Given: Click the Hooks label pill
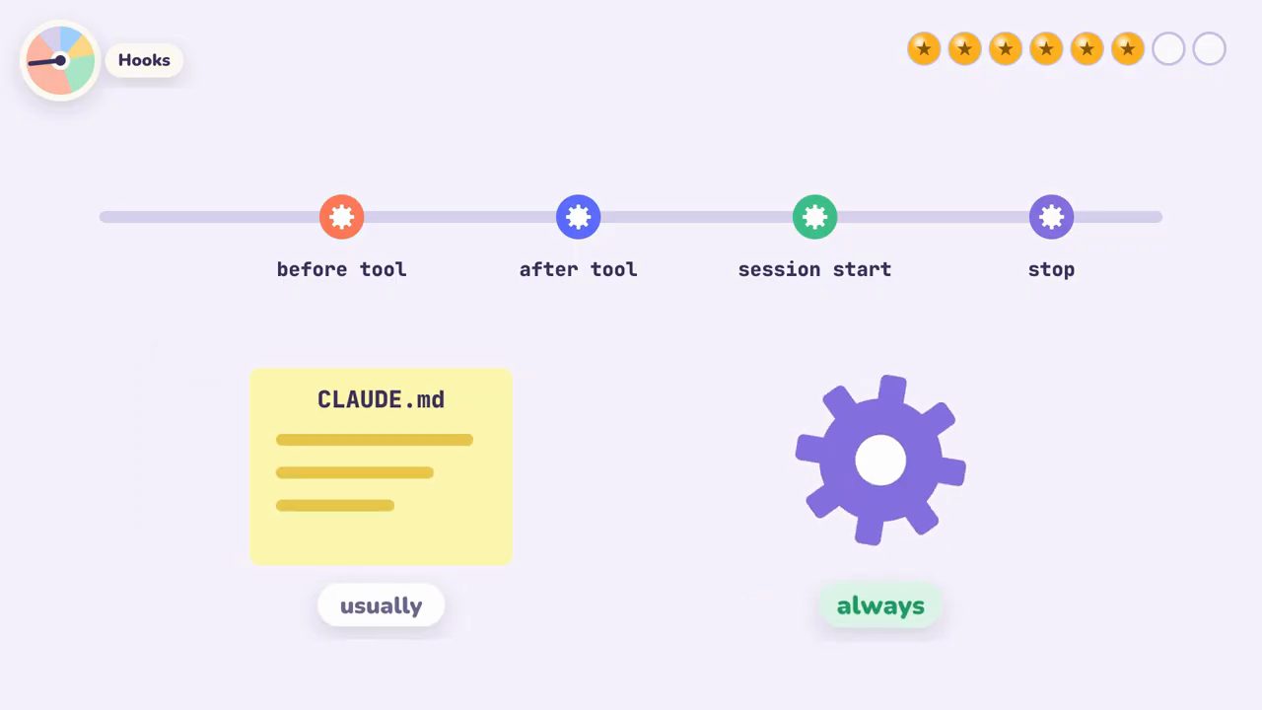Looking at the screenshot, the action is (x=144, y=60).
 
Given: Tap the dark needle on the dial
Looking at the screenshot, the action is (x=46, y=61).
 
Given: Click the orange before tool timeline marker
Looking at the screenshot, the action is (x=341, y=217).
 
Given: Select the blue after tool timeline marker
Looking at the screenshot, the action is (x=578, y=217).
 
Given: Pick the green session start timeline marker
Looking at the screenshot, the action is (x=814, y=217).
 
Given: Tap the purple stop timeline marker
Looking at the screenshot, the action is (x=1051, y=217).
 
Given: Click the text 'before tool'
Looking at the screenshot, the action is (x=341, y=269).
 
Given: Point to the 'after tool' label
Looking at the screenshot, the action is (x=578, y=269).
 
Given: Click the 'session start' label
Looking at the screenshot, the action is (x=814, y=269).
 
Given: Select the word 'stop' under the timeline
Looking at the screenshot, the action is (x=1051, y=270).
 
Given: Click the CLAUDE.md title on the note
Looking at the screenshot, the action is (x=381, y=399).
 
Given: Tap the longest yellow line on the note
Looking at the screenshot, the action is (x=375, y=440).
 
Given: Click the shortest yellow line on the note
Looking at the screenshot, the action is (x=335, y=506).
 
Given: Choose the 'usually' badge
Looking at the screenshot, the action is (x=381, y=605).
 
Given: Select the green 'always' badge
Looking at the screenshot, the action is (x=880, y=605).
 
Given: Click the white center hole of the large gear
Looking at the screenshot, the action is (x=880, y=460).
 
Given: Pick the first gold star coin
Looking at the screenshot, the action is (x=924, y=49).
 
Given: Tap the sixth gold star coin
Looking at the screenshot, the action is (x=1128, y=49).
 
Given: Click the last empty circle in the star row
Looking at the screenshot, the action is (x=1209, y=49).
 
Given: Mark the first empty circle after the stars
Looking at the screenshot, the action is (x=1168, y=49).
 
